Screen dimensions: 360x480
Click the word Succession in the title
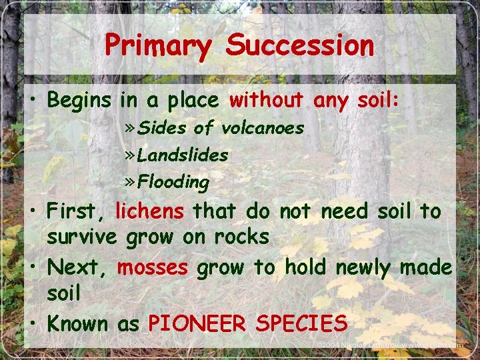pyautogui.click(x=299, y=46)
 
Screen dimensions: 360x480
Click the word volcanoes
pyautogui.click(x=263, y=127)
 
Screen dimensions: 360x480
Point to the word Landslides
pyautogui.click(x=182, y=155)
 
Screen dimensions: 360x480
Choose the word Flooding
pyautogui.click(x=173, y=181)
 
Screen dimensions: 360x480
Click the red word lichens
pyautogui.click(x=150, y=211)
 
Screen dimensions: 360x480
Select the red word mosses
pyautogui.click(x=153, y=267)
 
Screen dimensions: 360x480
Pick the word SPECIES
pyautogui.click(x=301, y=324)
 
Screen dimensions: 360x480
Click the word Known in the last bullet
pyautogui.click(x=77, y=324)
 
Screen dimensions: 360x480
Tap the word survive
pyautogui.click(x=82, y=237)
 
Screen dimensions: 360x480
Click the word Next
pyautogui.click(x=73, y=267)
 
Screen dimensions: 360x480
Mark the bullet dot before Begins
pyautogui.click(x=33, y=101)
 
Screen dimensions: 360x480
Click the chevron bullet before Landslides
pyautogui.click(x=130, y=155)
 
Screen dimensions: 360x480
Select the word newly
pyautogui.click(x=365, y=267)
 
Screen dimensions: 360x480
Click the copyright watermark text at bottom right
pyautogui.click(x=391, y=345)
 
